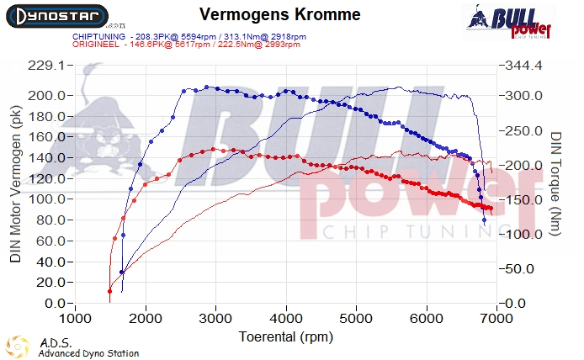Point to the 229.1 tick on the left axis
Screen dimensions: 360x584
click(46, 66)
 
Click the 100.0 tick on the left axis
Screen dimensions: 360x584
click(46, 199)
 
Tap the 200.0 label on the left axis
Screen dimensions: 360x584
click(46, 95)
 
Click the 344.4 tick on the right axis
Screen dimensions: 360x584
click(522, 66)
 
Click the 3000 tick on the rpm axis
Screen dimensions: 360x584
click(216, 319)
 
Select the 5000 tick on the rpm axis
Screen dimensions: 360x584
click(357, 319)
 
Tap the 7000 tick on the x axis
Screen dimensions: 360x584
click(497, 319)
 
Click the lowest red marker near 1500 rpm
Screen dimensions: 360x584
click(109, 291)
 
